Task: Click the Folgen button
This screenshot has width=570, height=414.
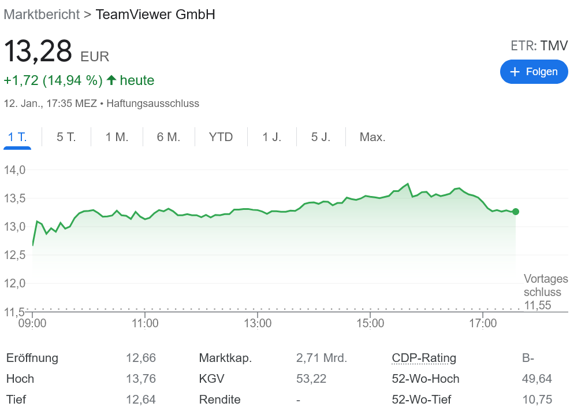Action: pyautogui.click(x=534, y=72)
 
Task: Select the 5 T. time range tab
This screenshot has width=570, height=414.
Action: pyautogui.click(x=66, y=137)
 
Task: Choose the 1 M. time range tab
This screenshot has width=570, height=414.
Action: pyautogui.click(x=117, y=137)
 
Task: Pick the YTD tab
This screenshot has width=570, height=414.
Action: pyautogui.click(x=221, y=137)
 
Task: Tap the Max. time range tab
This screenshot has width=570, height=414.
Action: pyautogui.click(x=372, y=137)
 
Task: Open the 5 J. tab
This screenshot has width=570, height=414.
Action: pyautogui.click(x=321, y=137)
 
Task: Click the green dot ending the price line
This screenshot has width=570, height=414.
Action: pyautogui.click(x=516, y=212)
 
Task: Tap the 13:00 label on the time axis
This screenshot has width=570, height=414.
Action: pyautogui.click(x=258, y=323)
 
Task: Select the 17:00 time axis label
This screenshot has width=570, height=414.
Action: pyautogui.click(x=483, y=323)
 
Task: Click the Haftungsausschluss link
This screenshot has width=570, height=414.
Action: pyautogui.click(x=153, y=104)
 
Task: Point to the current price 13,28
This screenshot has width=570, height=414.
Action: pyautogui.click(x=38, y=51)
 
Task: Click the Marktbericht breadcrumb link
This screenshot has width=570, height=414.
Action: pyautogui.click(x=42, y=14)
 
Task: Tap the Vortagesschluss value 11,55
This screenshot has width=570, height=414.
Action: pyautogui.click(x=538, y=305)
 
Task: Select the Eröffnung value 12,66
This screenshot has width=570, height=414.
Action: pyautogui.click(x=141, y=358)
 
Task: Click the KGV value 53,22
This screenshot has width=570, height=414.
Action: pyautogui.click(x=311, y=379)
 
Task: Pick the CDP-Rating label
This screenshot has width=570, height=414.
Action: pyautogui.click(x=424, y=358)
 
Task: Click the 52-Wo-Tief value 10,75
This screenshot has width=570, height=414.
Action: pyautogui.click(x=537, y=400)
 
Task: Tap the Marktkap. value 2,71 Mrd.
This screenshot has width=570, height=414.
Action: pyautogui.click(x=322, y=358)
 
